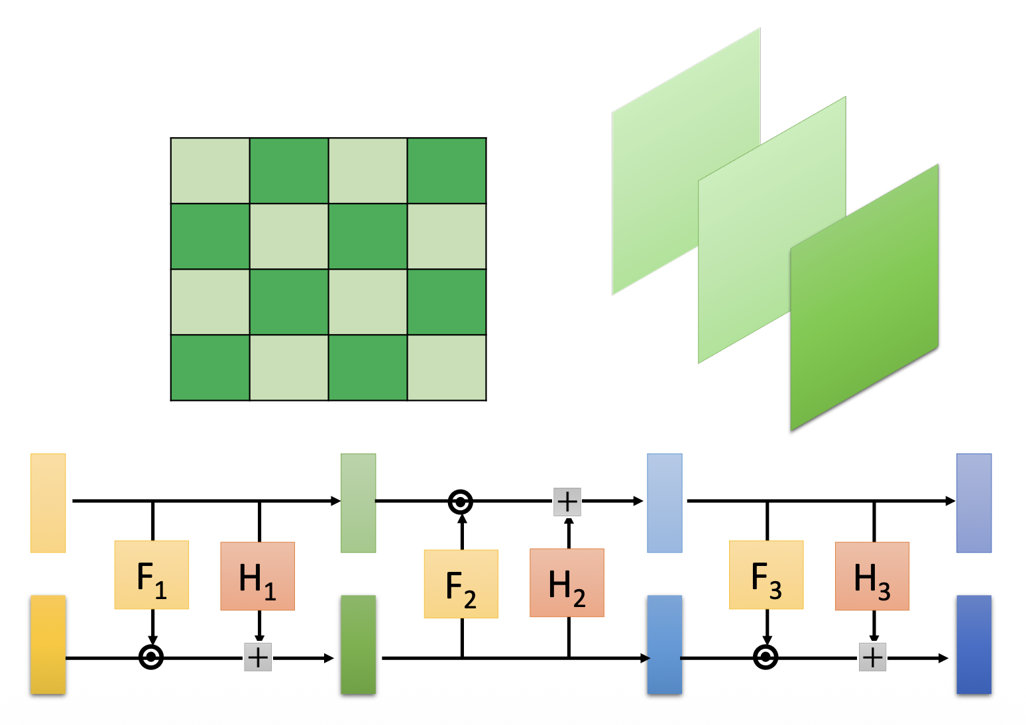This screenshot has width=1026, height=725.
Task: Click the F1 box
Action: (152, 575)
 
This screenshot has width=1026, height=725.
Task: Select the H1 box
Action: (257, 576)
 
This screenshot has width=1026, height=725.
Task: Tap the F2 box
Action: (461, 584)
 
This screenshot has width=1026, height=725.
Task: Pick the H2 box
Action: (567, 583)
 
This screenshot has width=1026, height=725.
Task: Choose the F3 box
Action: (766, 575)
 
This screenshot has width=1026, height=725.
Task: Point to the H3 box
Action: (872, 576)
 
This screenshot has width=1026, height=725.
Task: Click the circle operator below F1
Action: (152, 657)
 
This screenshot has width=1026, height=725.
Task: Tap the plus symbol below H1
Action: (258, 657)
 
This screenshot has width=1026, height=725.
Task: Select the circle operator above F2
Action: (461, 502)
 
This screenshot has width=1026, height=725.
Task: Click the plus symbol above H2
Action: (567, 502)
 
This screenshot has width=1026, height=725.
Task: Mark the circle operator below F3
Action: (766, 657)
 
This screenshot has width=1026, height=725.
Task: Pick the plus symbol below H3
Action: (872, 657)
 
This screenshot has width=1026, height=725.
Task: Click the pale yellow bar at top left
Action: (48, 502)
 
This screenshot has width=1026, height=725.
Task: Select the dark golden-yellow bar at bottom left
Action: (48, 644)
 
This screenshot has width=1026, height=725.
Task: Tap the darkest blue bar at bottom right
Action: (974, 644)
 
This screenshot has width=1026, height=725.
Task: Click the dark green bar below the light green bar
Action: (358, 644)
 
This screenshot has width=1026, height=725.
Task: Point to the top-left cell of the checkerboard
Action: (210, 171)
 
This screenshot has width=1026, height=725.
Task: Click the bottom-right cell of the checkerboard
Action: (447, 368)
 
